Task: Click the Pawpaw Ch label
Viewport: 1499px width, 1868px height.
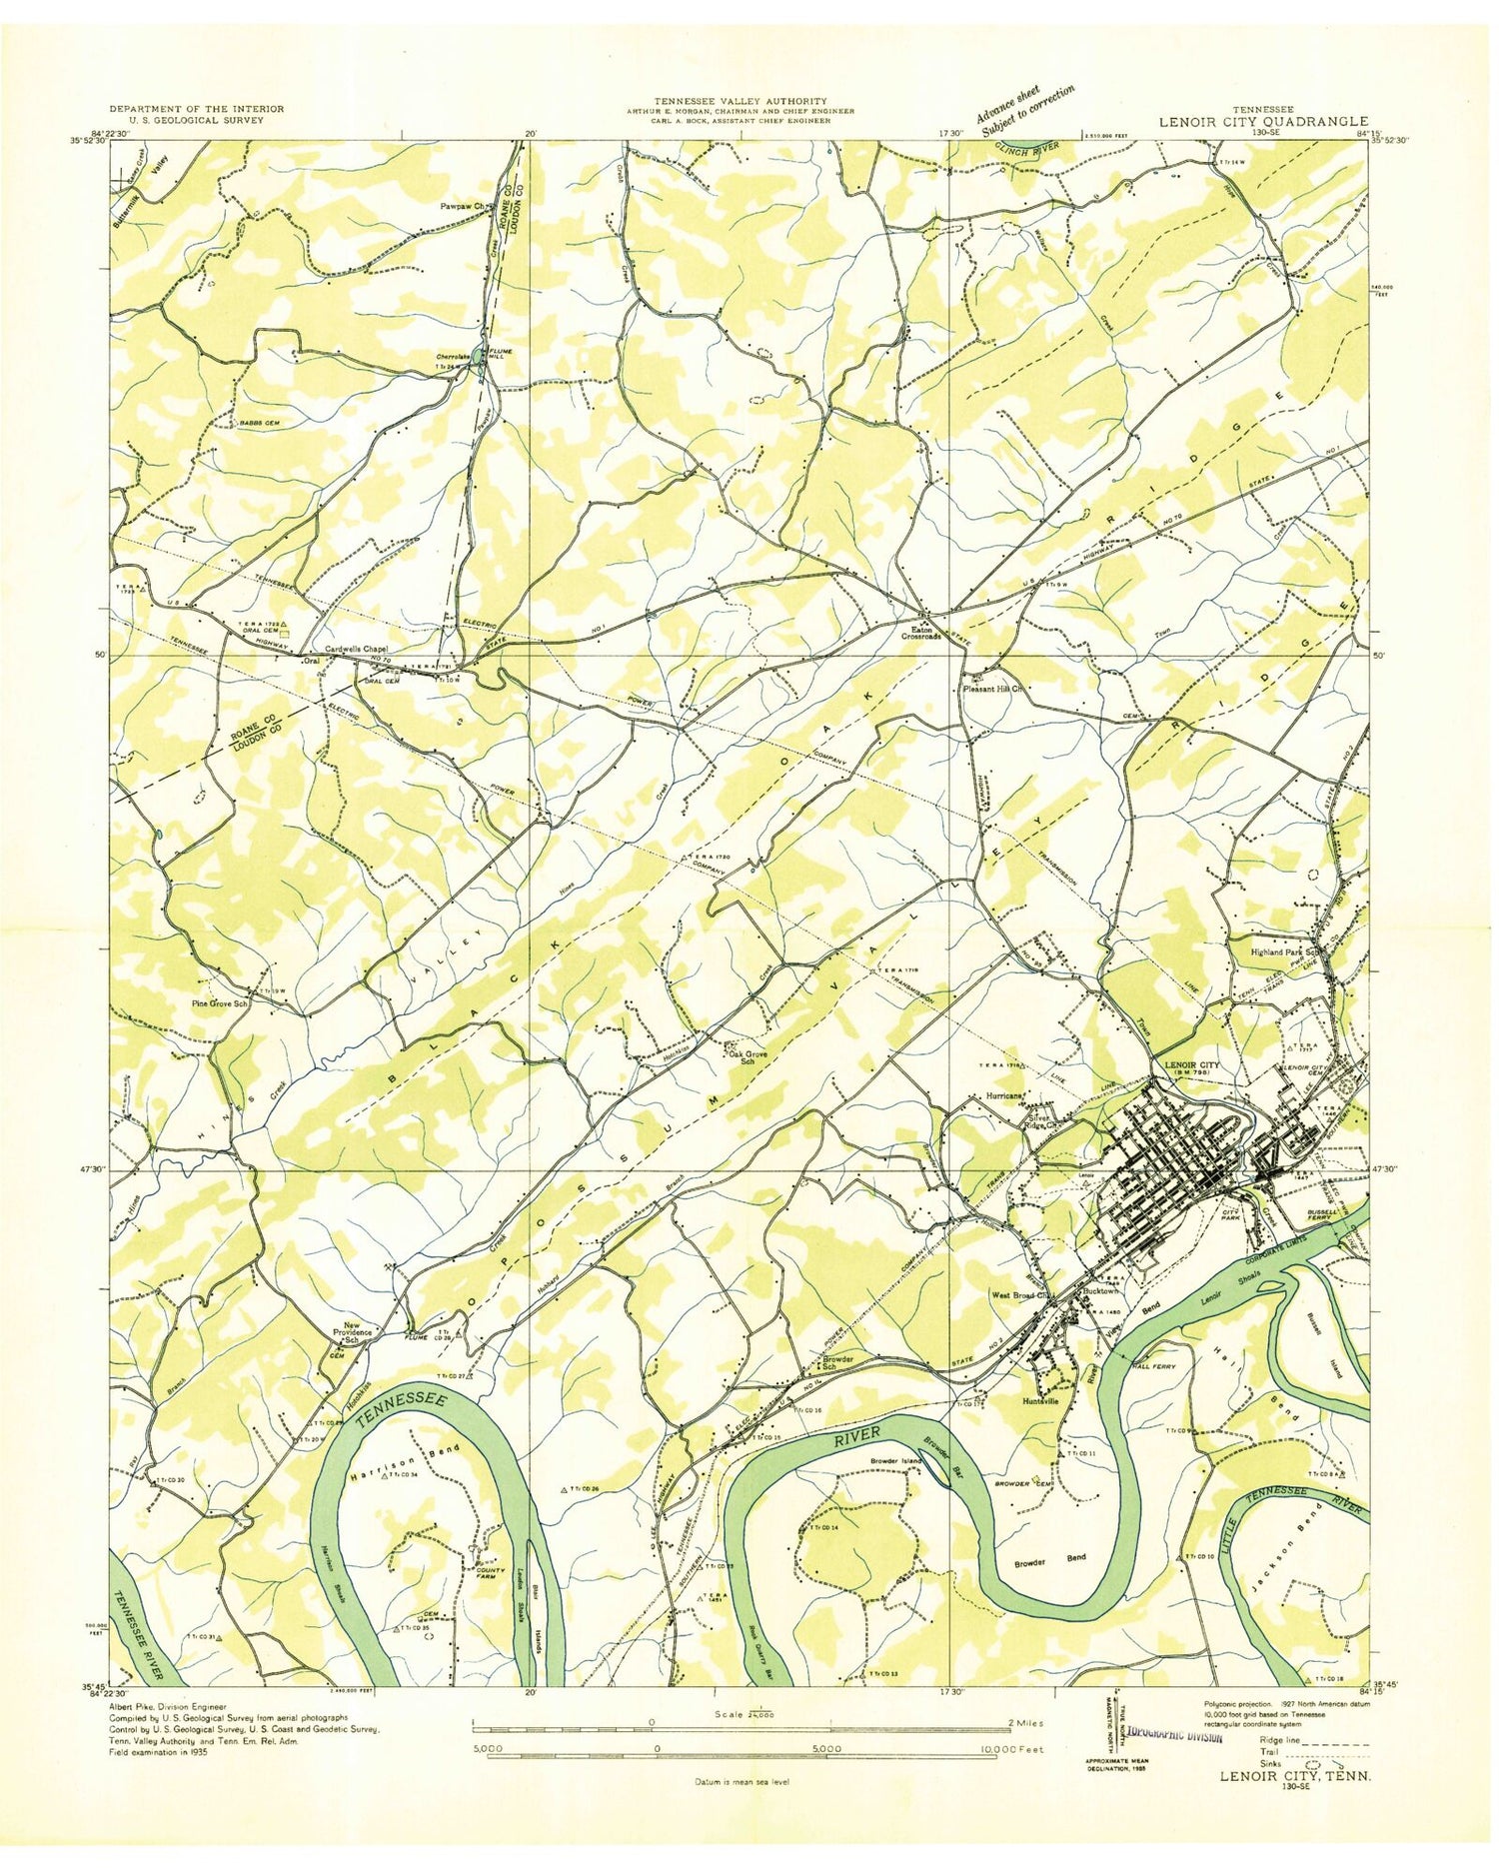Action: coord(462,206)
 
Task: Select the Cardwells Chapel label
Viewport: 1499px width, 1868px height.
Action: coord(353,648)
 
